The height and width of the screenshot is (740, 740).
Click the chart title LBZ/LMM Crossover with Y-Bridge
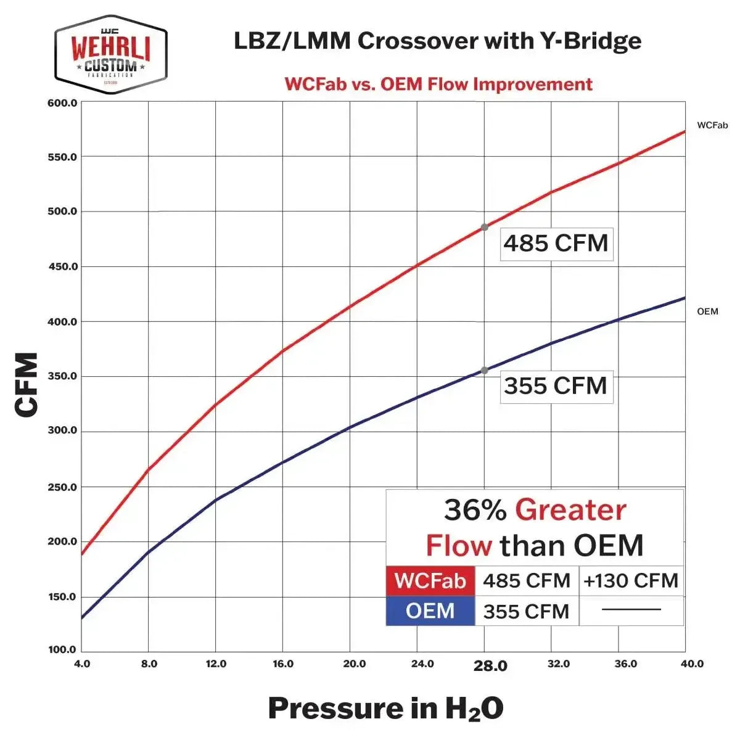(x=437, y=41)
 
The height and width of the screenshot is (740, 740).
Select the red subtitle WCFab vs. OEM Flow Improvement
(x=438, y=84)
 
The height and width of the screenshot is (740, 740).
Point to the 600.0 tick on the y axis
(x=62, y=103)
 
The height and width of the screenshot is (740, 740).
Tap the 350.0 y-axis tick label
(x=62, y=376)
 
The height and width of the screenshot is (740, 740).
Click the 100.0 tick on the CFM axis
(x=62, y=649)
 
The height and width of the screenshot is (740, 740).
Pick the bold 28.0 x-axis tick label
(x=490, y=665)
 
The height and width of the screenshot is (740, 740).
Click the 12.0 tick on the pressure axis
(x=215, y=664)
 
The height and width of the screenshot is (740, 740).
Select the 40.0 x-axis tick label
(x=692, y=664)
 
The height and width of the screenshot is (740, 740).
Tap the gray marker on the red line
(x=485, y=228)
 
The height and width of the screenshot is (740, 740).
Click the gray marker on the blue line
(x=485, y=371)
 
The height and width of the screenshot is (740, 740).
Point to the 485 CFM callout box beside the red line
(x=556, y=244)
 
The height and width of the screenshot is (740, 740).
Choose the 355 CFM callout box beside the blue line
(x=556, y=387)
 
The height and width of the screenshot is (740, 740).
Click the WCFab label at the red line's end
(x=712, y=125)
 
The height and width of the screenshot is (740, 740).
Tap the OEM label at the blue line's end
(x=707, y=311)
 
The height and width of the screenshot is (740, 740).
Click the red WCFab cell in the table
(x=430, y=581)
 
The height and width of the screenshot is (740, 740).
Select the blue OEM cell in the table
(x=430, y=611)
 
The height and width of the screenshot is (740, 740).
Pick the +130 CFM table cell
(x=631, y=581)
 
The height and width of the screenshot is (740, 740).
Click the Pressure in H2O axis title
(x=385, y=708)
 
